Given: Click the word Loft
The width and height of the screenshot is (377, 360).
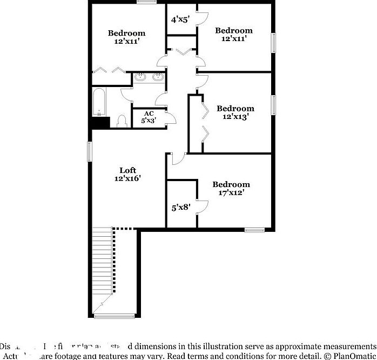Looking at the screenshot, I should [128, 170].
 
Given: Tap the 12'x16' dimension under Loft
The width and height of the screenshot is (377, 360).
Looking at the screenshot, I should [128, 178].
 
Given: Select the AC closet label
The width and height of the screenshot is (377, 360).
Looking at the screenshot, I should [149, 113].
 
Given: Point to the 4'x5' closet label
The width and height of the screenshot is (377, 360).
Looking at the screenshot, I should [180, 20].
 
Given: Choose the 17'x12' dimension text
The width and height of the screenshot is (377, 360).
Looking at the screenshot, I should [231, 192].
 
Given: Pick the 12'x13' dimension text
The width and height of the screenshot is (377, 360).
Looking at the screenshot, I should [235, 116].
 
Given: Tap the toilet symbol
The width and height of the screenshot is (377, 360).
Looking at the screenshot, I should [122, 120].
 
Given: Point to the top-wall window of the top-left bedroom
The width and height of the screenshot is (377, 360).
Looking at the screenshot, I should [146, 2].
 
